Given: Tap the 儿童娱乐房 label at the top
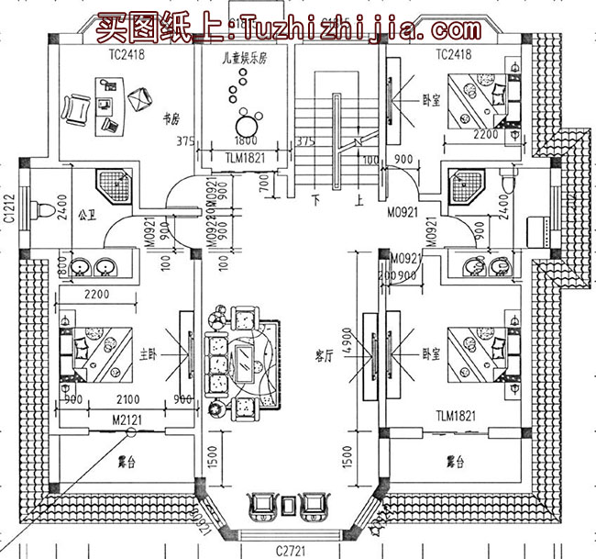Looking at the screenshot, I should coord(244,57).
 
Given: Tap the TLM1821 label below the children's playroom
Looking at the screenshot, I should coord(244,157).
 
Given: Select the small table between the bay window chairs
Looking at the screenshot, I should coord(289,504).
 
